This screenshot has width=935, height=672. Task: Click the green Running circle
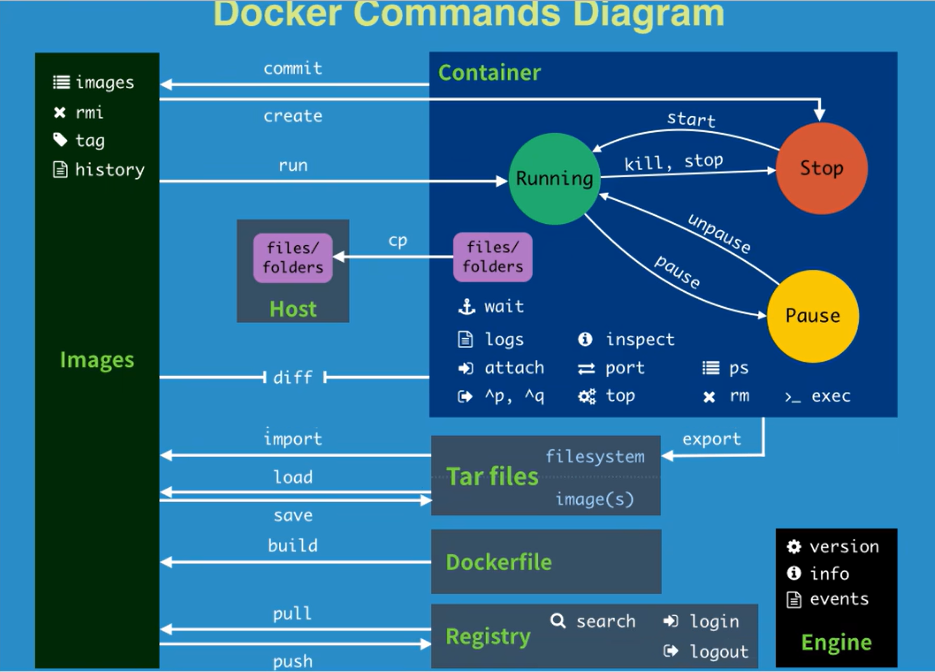pos(554,179)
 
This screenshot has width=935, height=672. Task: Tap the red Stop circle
pos(821,168)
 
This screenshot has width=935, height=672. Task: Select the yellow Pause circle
pos(812,316)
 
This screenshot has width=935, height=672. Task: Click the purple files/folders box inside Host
pos(293,258)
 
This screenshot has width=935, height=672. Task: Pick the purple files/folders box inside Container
pos(493,257)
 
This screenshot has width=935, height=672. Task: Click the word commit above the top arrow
pos(293,69)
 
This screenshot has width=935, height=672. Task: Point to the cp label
pos(397,241)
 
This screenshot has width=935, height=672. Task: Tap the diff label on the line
pos(293,378)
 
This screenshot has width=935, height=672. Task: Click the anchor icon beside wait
pos(467,306)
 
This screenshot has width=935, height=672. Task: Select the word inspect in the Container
pos(640,339)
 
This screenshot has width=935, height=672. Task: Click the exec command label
pos(831,396)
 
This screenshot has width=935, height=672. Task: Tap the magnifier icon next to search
pos(558,621)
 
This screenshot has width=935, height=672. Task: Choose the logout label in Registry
pos(719,652)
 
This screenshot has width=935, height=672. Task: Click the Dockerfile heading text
pos(499,562)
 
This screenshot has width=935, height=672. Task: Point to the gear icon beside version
pos(794,547)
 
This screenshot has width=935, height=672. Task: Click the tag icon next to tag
pos(60,140)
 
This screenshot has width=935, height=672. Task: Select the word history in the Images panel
pos(110,170)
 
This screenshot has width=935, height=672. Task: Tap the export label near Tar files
pos(712,439)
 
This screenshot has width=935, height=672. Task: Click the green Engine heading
pos(837,643)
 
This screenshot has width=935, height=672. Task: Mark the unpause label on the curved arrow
pos(719,234)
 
